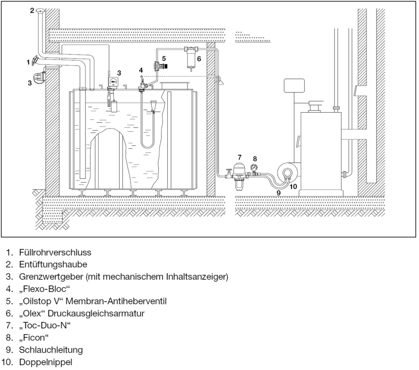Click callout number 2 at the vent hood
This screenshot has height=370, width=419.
click(x=32, y=10)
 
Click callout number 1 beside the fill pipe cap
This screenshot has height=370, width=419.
click(x=28, y=62)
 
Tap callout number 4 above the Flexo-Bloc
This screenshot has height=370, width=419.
click(x=141, y=70)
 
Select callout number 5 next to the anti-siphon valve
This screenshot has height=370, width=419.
click(x=164, y=58)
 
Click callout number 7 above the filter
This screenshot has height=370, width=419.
click(x=239, y=157)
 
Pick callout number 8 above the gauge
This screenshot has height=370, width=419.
click(x=255, y=158)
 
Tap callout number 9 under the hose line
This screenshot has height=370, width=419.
click(x=278, y=192)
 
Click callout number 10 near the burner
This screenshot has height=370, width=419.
click(x=293, y=186)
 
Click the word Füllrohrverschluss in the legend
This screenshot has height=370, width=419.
click(x=55, y=252)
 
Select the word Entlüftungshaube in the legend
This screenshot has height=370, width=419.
click(x=53, y=264)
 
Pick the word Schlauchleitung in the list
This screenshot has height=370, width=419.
click(x=50, y=350)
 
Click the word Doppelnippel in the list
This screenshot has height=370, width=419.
click(x=46, y=362)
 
